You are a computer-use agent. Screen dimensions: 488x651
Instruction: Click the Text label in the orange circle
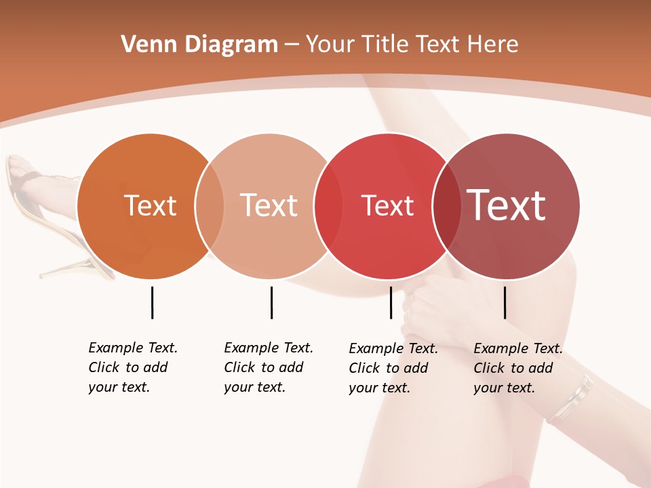point(151,205)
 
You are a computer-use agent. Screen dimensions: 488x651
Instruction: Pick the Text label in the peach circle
point(269,205)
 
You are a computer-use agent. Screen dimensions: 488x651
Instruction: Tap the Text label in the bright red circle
point(388,205)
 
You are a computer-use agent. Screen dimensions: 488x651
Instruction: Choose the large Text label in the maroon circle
point(507,205)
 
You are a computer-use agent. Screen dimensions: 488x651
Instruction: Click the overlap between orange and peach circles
point(210,206)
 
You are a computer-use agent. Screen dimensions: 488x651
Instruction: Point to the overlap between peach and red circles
point(329,206)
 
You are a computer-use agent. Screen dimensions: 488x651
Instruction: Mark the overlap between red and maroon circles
point(447,206)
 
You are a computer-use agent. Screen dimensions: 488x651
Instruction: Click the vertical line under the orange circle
point(152,302)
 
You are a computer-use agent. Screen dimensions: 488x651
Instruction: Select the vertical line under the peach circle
point(271,302)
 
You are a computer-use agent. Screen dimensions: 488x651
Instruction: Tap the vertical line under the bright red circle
point(391,302)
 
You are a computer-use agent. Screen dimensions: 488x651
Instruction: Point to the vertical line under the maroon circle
point(505,302)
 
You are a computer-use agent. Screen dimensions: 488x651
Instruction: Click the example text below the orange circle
point(132,367)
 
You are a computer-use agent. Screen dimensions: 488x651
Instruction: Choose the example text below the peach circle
point(268,367)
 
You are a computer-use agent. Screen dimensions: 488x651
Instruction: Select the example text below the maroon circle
point(517,368)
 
